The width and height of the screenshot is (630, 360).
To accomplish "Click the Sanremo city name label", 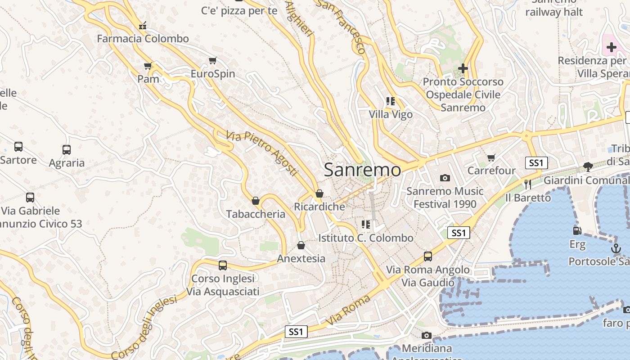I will click(362, 170).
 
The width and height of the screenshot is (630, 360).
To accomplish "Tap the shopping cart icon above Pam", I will click(148, 66).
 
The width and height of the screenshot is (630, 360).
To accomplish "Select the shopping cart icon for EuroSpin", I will click(213, 60).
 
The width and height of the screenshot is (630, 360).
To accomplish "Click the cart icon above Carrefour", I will click(491, 157).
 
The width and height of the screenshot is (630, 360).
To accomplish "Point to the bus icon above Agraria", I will click(67, 150).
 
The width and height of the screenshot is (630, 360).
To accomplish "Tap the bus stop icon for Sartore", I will click(18, 147).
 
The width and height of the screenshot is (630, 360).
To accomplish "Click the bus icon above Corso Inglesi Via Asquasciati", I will click(223, 265).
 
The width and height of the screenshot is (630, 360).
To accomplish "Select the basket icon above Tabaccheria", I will click(256, 201).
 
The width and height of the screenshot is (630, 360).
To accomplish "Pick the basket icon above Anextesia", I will click(301, 245).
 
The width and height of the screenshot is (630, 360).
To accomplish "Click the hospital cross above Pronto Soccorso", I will click(463, 68).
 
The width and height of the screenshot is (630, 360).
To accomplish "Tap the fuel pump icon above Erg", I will click(577, 231).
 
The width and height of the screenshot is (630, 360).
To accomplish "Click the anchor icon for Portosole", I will click(616, 248).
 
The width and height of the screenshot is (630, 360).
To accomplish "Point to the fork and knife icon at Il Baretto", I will click(528, 184).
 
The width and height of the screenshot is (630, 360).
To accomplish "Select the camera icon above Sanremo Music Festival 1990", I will click(445, 178).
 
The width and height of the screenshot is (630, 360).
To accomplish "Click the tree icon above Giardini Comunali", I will click(588, 167).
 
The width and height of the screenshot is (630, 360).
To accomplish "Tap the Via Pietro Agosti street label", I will click(262, 153).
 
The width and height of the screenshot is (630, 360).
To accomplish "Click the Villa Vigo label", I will click(391, 115).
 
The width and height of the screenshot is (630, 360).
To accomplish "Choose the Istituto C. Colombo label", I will click(366, 238).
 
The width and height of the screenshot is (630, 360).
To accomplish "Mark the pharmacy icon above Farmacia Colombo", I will click(143, 26).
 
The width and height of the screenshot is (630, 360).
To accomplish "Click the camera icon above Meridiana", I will click(426, 335).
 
